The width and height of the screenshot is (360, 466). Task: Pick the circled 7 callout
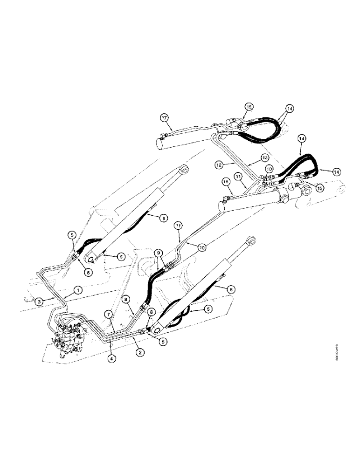tap(108, 315)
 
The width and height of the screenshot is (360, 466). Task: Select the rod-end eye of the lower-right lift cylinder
tap(252, 241)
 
